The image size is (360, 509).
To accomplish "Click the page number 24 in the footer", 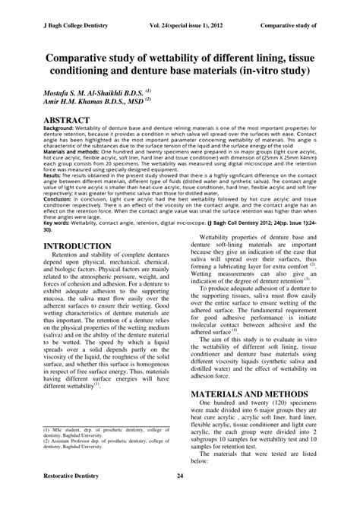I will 180,497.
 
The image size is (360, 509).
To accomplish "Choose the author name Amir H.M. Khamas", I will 77,100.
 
